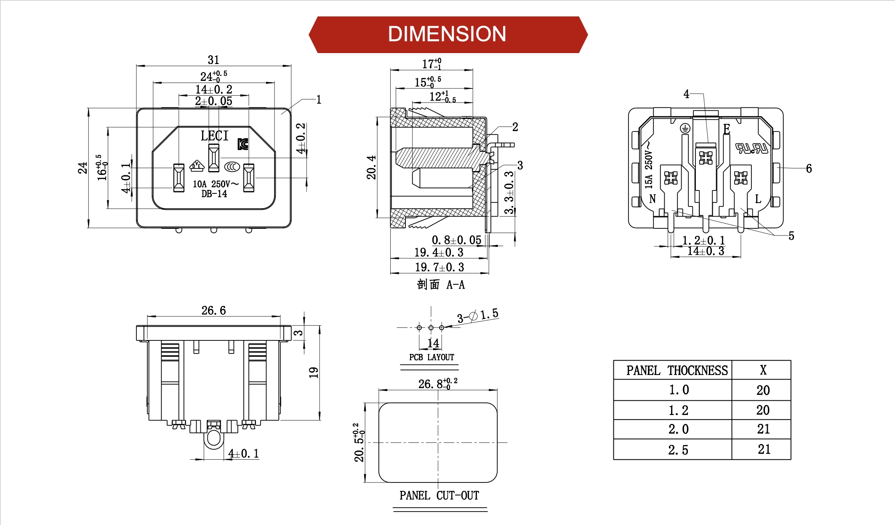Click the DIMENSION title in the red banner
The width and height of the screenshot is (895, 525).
pos(447,34)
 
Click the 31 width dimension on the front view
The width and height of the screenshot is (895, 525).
pos(213,60)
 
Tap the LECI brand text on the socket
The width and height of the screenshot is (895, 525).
pos(214,136)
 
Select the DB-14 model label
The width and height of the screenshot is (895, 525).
pos(214,194)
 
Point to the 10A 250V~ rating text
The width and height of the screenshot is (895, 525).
pos(215,184)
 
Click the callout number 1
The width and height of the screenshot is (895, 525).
pos(319,99)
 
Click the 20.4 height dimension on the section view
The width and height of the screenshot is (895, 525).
pos(371,167)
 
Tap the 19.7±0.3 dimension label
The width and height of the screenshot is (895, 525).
pos(439,267)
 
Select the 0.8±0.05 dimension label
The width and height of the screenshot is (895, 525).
pos(456,240)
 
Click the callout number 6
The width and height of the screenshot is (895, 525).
pos(809,169)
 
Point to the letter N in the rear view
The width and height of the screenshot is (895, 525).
pos(653,199)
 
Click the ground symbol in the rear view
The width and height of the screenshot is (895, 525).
pos(685,128)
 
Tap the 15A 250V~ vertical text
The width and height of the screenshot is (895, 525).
pos(648,165)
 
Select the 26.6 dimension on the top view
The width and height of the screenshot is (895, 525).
pos(213,311)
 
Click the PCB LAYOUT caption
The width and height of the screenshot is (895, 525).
pos(432,357)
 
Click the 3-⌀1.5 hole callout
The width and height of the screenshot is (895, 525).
pos(477,315)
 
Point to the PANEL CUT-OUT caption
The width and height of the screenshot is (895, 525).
pos(439,496)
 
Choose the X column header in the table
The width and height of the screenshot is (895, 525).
pos(763,370)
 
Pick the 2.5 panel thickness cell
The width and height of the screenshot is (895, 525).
pos(678,450)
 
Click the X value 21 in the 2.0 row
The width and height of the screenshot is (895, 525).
pos(763,429)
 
